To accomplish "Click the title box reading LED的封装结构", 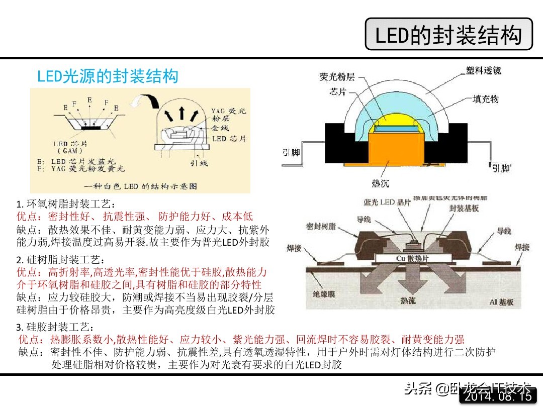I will (448, 34).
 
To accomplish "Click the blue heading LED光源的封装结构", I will (108, 76).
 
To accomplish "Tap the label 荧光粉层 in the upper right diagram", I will (337, 77).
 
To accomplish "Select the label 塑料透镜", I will (483, 71).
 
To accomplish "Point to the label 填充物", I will (486, 99).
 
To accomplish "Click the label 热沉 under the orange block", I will (380, 183).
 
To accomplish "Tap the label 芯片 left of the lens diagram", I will (337, 91).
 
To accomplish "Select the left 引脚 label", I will (291, 152).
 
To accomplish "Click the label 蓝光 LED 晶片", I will (387, 202).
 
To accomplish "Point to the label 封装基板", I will (464, 208).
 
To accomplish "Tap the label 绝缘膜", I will (323, 294).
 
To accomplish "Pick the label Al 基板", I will (501, 302).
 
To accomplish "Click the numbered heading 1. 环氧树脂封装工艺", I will (65, 205).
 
